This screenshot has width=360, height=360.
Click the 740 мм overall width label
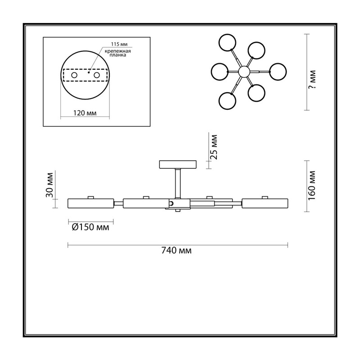tap(176, 250)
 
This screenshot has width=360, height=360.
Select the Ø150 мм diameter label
tap(90, 227)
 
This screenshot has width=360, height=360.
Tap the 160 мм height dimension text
tap(312, 185)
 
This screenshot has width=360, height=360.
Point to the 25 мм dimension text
tap(213, 147)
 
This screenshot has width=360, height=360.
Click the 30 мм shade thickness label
tap(49, 185)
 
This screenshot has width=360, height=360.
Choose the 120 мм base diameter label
tap(85, 113)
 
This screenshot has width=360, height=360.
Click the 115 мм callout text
tap(119, 44)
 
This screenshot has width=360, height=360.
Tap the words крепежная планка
tap(118, 53)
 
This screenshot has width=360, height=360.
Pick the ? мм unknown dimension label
tap(312, 79)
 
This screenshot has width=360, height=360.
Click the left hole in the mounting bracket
tap(74, 75)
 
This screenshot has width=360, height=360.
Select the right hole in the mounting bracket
tap(97, 75)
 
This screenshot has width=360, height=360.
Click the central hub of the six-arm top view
tap(244, 72)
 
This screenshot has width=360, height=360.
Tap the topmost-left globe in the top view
tap(227, 43)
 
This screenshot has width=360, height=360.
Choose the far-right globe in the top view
tap(278, 72)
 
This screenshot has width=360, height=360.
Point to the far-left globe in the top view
tap(219, 72)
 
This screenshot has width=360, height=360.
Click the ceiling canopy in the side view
tap(178, 164)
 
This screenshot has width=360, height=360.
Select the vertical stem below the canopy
tap(178, 183)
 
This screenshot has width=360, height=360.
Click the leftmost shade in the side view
tap(91, 203)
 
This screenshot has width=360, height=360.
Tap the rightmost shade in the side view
tap(265, 203)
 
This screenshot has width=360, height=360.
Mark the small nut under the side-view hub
tap(178, 210)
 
